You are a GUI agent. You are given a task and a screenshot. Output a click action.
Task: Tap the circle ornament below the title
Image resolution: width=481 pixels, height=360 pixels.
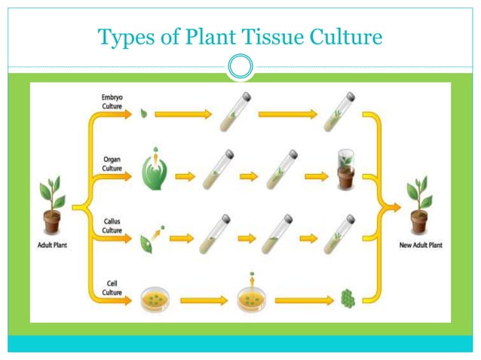[240, 66]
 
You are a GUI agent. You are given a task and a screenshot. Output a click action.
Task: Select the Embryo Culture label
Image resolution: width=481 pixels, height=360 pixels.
[114, 102]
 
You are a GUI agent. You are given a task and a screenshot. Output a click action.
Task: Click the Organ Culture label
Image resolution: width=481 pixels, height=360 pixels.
[113, 163]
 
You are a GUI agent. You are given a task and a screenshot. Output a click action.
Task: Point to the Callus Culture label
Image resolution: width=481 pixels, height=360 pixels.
[113, 224]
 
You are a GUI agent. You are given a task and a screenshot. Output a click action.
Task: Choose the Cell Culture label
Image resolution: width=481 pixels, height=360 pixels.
[113, 287]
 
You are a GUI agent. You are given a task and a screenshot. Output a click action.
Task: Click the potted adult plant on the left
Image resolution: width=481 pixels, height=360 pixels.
[52, 207]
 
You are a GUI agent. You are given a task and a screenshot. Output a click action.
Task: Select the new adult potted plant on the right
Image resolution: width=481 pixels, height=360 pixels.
[419, 207]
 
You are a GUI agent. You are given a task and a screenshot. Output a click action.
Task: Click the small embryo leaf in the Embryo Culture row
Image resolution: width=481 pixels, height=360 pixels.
[145, 114]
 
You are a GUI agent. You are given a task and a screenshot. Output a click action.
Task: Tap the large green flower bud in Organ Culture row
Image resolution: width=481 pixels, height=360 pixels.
[155, 173]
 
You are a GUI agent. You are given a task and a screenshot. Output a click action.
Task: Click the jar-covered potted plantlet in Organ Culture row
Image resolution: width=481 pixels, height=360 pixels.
[345, 171]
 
